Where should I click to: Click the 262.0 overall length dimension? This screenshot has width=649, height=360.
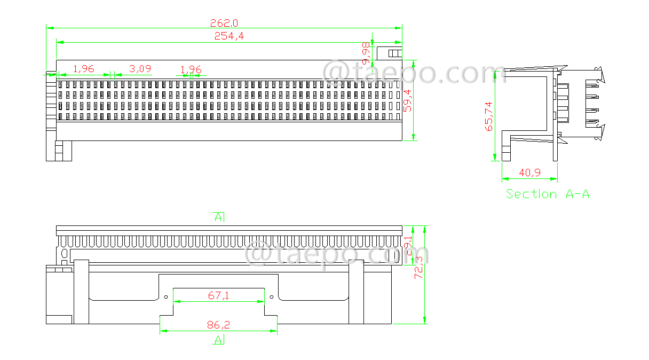pyautogui.click(x=224, y=23)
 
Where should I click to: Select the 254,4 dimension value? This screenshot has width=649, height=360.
pyautogui.click(x=229, y=36)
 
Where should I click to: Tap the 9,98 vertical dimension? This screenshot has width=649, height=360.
pyautogui.click(x=366, y=53)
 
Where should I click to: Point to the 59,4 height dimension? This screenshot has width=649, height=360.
pyautogui.click(x=408, y=100)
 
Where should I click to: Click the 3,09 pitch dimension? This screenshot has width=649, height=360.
pyautogui.click(x=140, y=69)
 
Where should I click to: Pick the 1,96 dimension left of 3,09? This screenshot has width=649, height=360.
pyautogui.click(x=83, y=69)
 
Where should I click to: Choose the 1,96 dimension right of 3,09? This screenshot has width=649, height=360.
pyautogui.click(x=191, y=69)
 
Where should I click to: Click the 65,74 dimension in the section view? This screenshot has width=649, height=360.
pyautogui.click(x=488, y=116)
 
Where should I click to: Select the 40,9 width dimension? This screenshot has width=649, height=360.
pyautogui.click(x=529, y=173)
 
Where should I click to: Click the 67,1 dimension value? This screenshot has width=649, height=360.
pyautogui.click(x=218, y=295)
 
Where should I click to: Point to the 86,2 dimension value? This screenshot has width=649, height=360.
pyautogui.click(x=218, y=325)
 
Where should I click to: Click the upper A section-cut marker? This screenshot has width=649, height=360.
pyautogui.click(x=218, y=217)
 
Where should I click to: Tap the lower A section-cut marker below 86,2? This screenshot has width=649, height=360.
pyautogui.click(x=218, y=340)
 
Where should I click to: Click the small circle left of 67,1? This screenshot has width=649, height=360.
pyautogui.click(x=166, y=297)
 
